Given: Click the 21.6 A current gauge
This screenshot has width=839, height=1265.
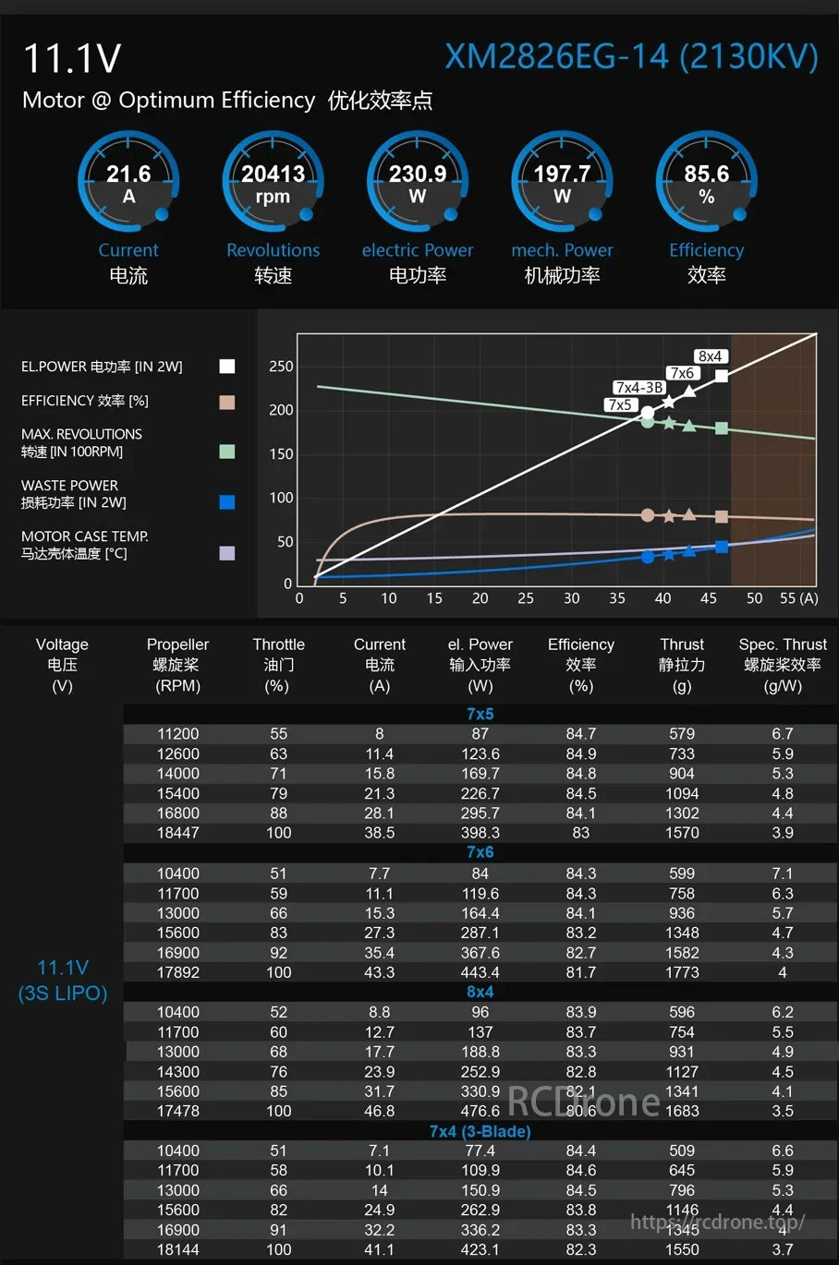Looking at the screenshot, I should click(128, 183).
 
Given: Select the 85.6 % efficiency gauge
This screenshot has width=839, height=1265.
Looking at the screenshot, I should click(706, 183).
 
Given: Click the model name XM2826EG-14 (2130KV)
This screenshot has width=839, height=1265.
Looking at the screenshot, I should click(631, 57).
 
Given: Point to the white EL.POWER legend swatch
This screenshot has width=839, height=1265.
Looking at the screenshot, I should click(226, 367).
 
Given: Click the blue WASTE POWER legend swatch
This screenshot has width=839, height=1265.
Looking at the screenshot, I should click(226, 502).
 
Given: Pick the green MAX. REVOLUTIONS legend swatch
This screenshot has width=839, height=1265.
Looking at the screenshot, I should click(226, 452).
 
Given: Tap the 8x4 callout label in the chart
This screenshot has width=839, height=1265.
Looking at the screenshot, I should click(710, 356).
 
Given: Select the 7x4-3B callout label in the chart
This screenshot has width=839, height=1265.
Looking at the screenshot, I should click(639, 388).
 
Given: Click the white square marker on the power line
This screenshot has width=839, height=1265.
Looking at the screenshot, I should click(722, 376).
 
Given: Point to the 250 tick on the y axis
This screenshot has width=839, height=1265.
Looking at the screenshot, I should click(281, 367).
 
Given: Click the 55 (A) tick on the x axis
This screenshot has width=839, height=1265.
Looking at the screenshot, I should click(798, 598).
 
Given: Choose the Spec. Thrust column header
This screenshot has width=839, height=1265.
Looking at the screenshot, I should click(783, 664).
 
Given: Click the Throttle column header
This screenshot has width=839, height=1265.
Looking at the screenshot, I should click(278, 664).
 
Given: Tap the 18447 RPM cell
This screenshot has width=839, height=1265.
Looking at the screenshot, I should click(178, 833).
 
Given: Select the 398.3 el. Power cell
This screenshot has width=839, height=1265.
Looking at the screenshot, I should click(480, 833).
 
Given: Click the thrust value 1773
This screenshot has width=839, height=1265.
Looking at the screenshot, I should click(682, 972).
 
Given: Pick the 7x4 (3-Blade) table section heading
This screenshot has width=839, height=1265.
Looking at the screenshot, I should click(480, 1131).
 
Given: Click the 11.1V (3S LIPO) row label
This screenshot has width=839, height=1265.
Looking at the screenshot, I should click(63, 980).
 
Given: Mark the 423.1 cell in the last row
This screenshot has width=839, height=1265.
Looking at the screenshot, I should click(480, 1249).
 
